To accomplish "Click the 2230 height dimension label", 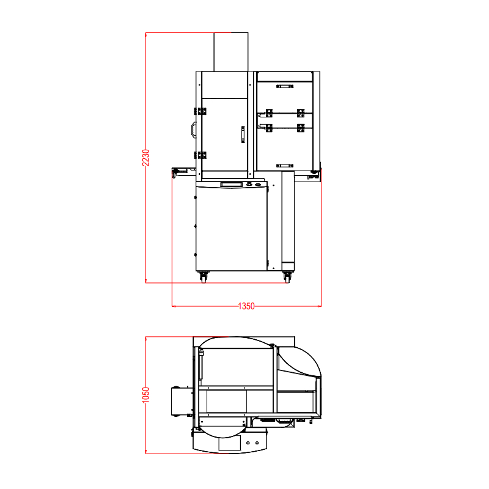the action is point(146,158).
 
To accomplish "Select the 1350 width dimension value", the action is point(246,306).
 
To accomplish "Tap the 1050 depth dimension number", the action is point(146,395).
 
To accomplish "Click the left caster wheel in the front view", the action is point(203,277).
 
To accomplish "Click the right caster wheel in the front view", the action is point(287,277).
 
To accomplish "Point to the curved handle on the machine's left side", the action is point(193,130).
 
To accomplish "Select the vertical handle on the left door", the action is point(243,134).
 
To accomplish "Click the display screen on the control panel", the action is point(232,185).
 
